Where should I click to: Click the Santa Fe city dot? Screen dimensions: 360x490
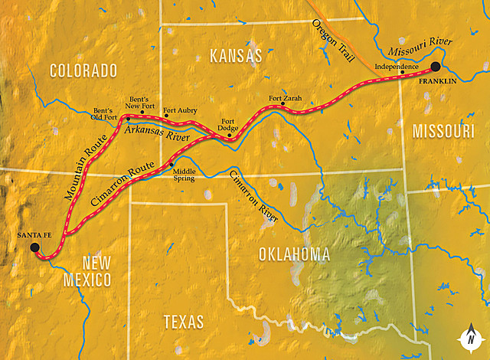tap(34, 247)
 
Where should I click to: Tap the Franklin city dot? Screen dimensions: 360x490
tap(436, 67)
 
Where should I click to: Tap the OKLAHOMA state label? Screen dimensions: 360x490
tap(294, 254)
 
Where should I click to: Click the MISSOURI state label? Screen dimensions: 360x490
tap(444, 133)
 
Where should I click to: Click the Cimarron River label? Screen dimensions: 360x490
tap(253, 196)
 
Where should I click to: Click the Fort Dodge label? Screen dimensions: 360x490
tap(227, 126)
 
